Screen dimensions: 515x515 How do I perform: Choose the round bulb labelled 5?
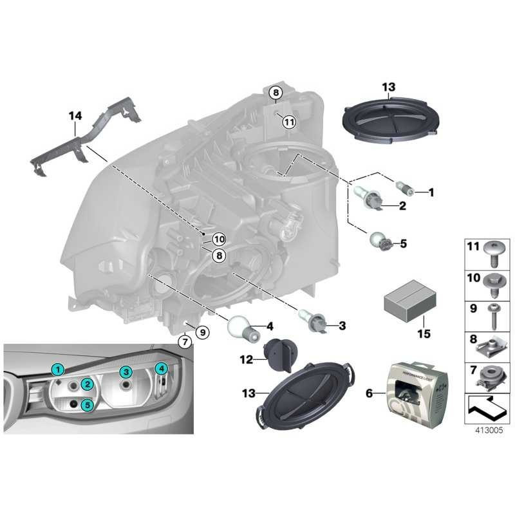click(380, 243)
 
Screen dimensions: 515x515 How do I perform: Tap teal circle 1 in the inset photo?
click(58, 369)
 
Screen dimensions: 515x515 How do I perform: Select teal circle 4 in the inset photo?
click(162, 368)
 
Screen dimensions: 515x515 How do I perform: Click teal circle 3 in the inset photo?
click(126, 372)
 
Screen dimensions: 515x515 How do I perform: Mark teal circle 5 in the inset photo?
click(87, 404)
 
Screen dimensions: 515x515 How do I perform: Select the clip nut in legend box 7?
click(492, 375)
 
